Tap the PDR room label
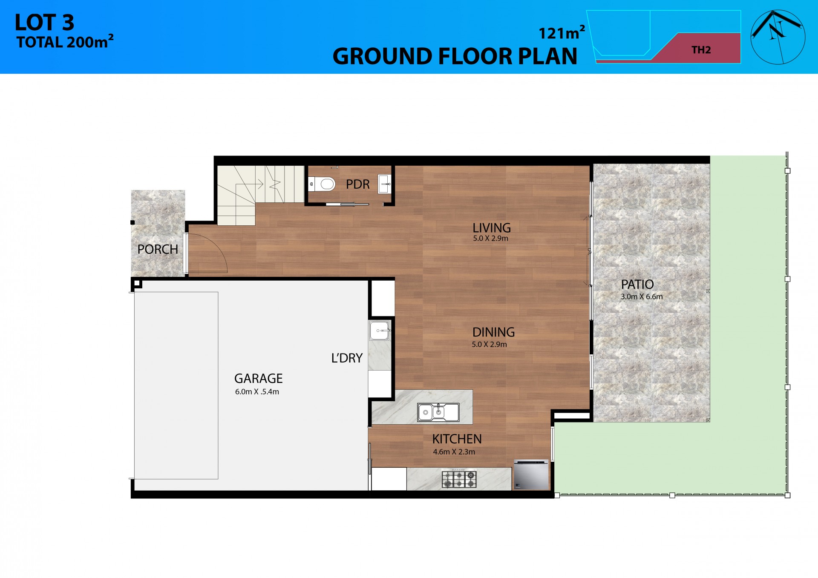tap(357, 184)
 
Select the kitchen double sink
tap(438, 412)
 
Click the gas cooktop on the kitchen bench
tap(459, 479)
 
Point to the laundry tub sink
tap(379, 331)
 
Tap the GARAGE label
tap(258, 378)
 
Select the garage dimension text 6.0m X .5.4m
tap(257, 392)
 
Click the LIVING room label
tap(491, 228)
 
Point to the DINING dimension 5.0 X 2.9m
tap(489, 345)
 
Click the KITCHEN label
tap(457, 439)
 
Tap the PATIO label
tap(637, 284)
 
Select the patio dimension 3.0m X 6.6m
tap(641, 297)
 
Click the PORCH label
tap(158, 249)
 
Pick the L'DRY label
tap(347, 358)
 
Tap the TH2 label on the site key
tap(701, 50)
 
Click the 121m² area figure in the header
tap(561, 33)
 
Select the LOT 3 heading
tap(44, 23)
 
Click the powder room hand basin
tap(384, 184)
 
